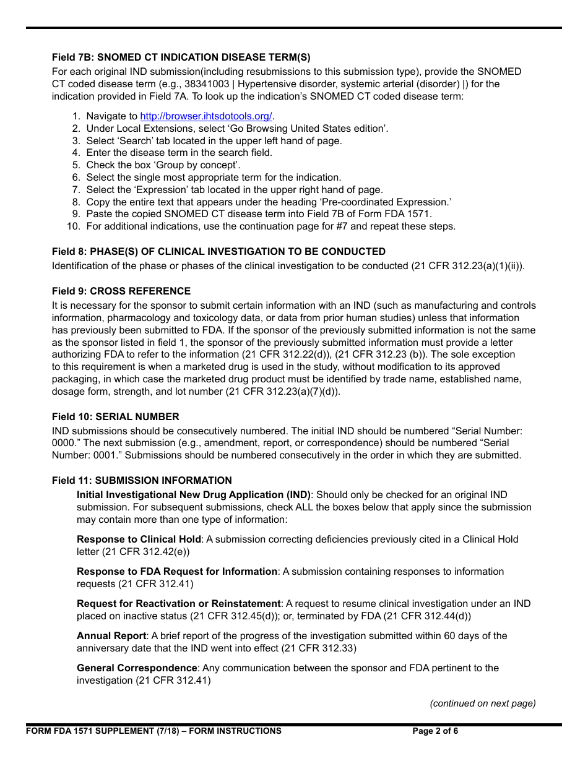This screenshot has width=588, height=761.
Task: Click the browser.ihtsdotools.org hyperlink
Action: coord(206,116)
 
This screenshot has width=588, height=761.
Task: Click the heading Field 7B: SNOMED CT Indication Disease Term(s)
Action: coord(181,58)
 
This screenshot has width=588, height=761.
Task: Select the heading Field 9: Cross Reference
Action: coord(121,291)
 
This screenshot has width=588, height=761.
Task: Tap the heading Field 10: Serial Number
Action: coord(116,416)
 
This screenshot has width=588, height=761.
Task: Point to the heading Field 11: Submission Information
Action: coord(142,480)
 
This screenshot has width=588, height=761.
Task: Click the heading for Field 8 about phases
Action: coord(218,251)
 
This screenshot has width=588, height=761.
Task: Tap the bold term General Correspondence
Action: coord(137,668)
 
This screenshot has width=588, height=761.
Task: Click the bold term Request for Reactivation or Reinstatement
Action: coord(179,604)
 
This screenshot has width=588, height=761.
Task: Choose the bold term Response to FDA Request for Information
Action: coord(177,572)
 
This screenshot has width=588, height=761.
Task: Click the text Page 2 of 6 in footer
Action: coord(435,731)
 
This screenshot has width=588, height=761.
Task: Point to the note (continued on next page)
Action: coord(483,703)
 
